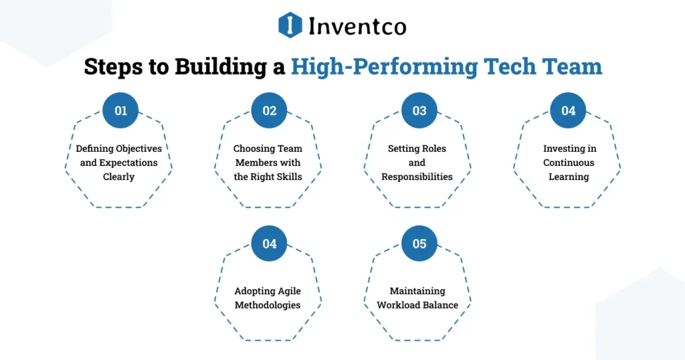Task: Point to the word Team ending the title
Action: [x=572, y=67]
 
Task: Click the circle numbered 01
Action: [x=120, y=110]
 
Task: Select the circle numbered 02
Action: [x=270, y=110]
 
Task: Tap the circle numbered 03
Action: [x=419, y=110]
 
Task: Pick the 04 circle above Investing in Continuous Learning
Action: [x=568, y=110]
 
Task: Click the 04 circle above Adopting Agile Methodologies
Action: [x=270, y=244]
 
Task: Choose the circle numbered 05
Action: [x=419, y=244]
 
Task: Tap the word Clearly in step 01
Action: [x=118, y=177]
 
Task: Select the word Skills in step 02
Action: [x=288, y=177]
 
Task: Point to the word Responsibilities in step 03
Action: [x=417, y=177]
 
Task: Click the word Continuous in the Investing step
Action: [x=569, y=163]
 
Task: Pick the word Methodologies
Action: [x=268, y=305]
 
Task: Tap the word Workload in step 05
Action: [x=398, y=305]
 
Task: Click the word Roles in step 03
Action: [x=432, y=149]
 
